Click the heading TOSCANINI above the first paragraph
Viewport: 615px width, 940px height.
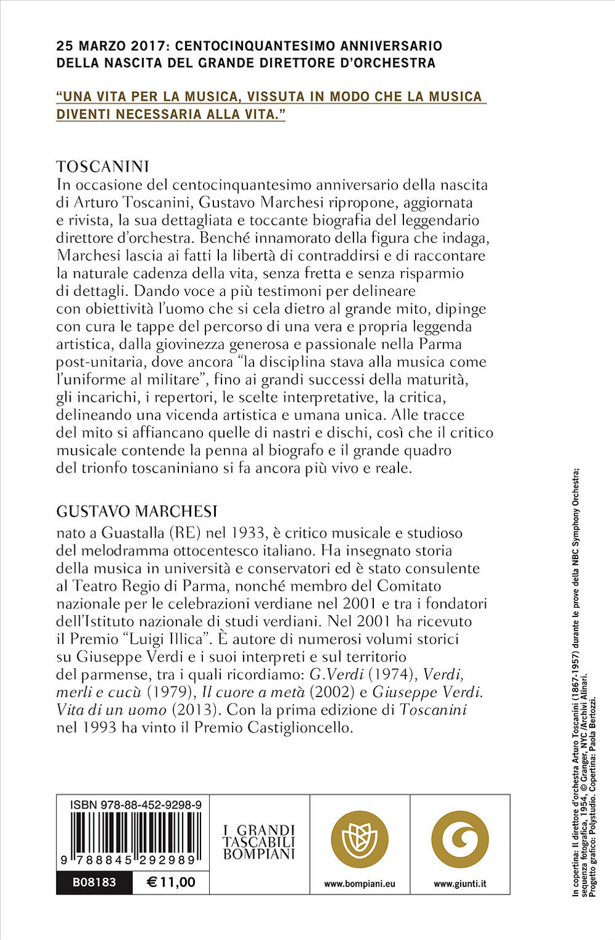pyautogui.click(x=103, y=167)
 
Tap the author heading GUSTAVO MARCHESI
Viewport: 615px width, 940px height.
pyautogui.click(x=137, y=512)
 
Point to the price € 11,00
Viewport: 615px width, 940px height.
pyautogui.click(x=172, y=882)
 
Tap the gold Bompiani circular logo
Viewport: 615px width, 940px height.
pyautogui.click(x=360, y=839)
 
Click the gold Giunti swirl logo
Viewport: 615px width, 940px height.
pyautogui.click(x=460, y=839)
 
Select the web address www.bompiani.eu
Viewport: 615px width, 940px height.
pyautogui.click(x=360, y=883)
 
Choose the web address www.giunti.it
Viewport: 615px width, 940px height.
pyautogui.click(x=460, y=883)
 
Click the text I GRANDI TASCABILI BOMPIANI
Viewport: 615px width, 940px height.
pyautogui.click(x=259, y=842)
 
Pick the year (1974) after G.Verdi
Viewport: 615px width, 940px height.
pyautogui.click(x=393, y=674)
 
